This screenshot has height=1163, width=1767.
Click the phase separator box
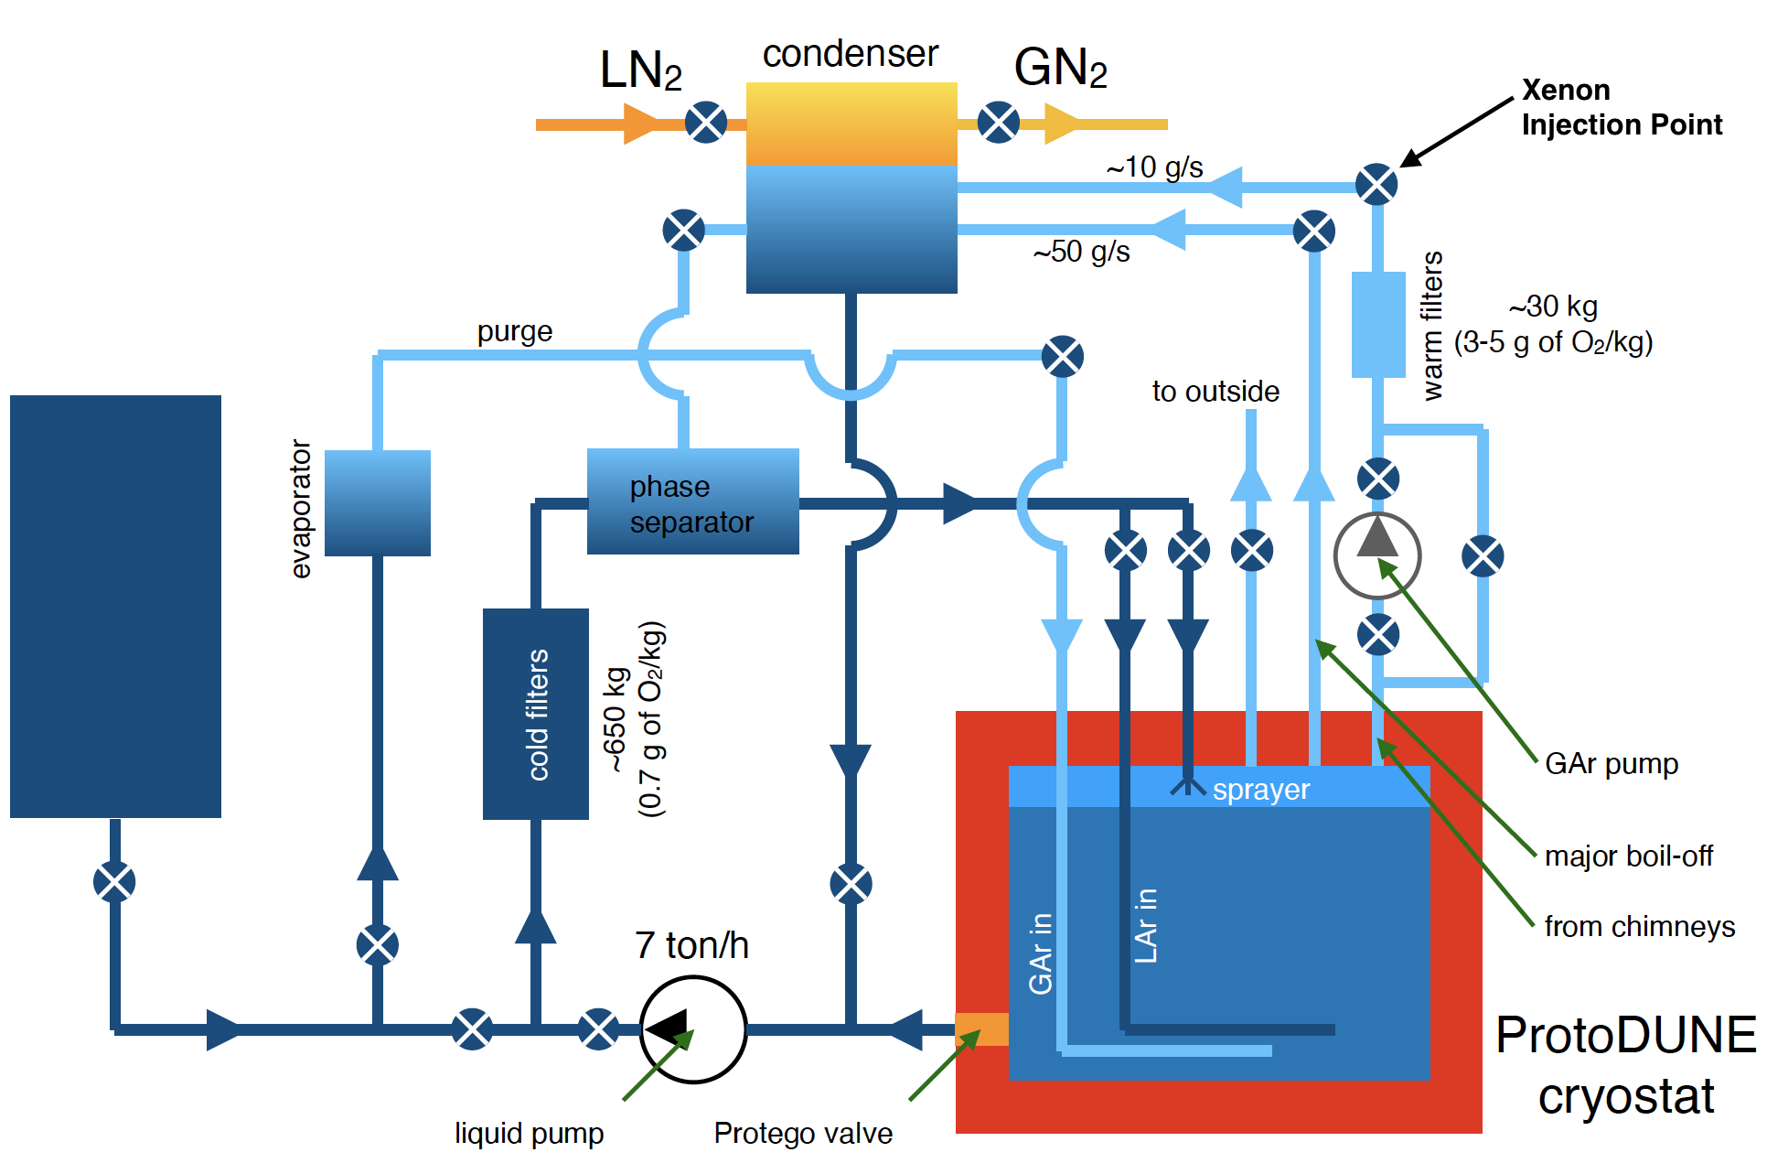point(692,501)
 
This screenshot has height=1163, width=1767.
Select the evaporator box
point(377,502)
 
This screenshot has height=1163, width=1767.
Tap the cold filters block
point(535,714)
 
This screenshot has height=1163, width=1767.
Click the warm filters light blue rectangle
point(1377,324)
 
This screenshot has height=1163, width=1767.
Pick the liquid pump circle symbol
point(692,1029)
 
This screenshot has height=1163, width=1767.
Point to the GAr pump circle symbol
point(1376,555)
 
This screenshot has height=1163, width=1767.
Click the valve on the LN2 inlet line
point(706,122)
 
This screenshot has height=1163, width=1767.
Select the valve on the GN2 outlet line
point(998,122)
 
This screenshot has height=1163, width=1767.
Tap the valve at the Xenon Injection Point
point(1376,185)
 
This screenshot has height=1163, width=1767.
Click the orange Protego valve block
point(981,1029)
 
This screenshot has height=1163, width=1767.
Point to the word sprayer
point(1260,790)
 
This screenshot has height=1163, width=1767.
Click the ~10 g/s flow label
point(1154,167)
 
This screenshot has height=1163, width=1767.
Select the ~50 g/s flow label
point(1081,252)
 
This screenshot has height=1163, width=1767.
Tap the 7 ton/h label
point(691,945)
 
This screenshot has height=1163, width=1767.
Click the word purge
point(514,331)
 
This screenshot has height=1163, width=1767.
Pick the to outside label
point(1215,392)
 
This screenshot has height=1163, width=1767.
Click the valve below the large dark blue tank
point(114,882)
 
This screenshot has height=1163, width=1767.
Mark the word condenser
point(850,54)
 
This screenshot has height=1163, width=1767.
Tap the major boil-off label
point(1628,856)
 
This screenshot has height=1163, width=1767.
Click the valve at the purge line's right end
point(1062,356)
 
